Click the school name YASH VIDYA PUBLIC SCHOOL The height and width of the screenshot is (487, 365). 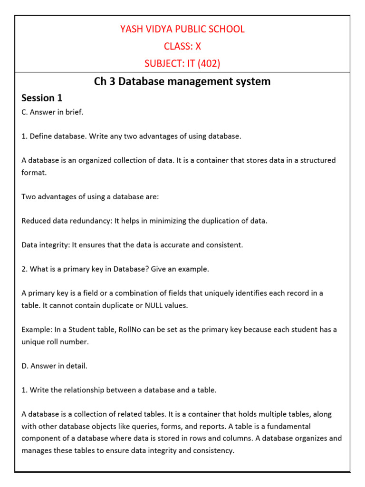coord(182,29)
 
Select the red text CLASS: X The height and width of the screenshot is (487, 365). coord(182,46)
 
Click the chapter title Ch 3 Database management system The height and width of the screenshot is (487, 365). coord(182,81)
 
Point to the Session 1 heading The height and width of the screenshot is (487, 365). coord(42,98)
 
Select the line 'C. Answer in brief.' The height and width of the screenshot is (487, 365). coord(52,113)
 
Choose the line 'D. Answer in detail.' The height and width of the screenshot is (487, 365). coord(54,366)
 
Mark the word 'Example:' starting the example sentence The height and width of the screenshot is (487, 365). coord(37,330)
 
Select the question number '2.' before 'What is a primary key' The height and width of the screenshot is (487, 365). coord(25,269)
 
